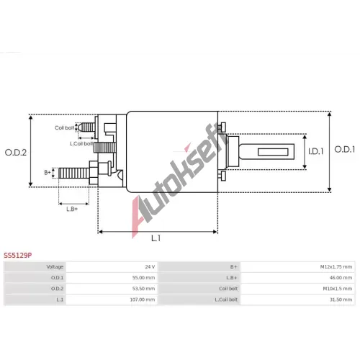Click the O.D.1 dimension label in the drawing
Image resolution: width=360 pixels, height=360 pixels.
point(345,150)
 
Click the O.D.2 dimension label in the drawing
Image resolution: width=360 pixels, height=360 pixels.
point(16,153)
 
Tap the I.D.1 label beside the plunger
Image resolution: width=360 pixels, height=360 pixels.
point(316,151)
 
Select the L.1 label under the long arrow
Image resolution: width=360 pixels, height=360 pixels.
point(156,238)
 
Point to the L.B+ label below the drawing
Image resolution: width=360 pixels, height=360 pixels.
point(72,209)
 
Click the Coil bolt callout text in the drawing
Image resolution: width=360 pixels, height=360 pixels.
point(64,127)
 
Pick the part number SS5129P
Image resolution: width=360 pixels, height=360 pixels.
point(17,256)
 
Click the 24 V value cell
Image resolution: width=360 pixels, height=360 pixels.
point(112,267)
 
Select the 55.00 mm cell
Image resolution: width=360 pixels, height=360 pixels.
point(112,278)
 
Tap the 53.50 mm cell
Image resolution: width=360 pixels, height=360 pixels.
point(112,289)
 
